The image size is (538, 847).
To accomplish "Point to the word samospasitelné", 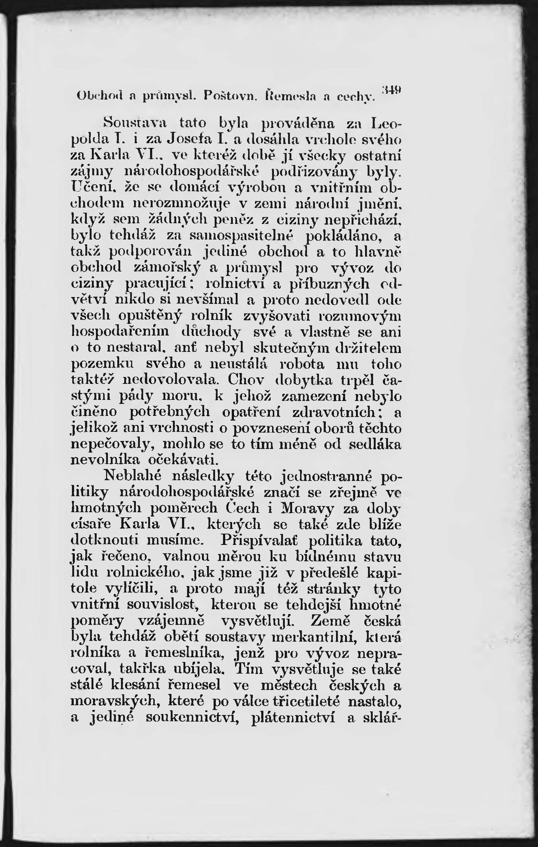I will coord(242,236).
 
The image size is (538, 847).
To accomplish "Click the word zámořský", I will coord(166,268).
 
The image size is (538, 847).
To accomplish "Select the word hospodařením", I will coord(119,332).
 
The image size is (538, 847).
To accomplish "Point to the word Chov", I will coord(246,380).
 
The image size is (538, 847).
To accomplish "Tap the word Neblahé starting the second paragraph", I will coord(134,476).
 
